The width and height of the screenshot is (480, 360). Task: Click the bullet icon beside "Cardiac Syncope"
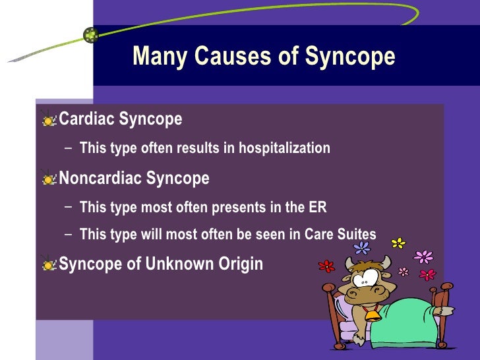tap(49, 120)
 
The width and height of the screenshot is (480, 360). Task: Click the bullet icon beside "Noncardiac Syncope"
tap(49, 179)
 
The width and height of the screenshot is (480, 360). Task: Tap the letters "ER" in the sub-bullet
tap(316, 208)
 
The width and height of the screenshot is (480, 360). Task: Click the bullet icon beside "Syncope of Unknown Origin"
tap(49, 264)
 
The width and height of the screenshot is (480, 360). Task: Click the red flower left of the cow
tap(326, 266)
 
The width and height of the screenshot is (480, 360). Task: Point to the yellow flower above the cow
tap(398, 243)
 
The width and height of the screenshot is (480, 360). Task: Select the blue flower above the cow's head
tap(362, 248)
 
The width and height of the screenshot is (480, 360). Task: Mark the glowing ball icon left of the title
tap(91, 35)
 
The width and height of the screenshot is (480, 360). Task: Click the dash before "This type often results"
tap(70, 148)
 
